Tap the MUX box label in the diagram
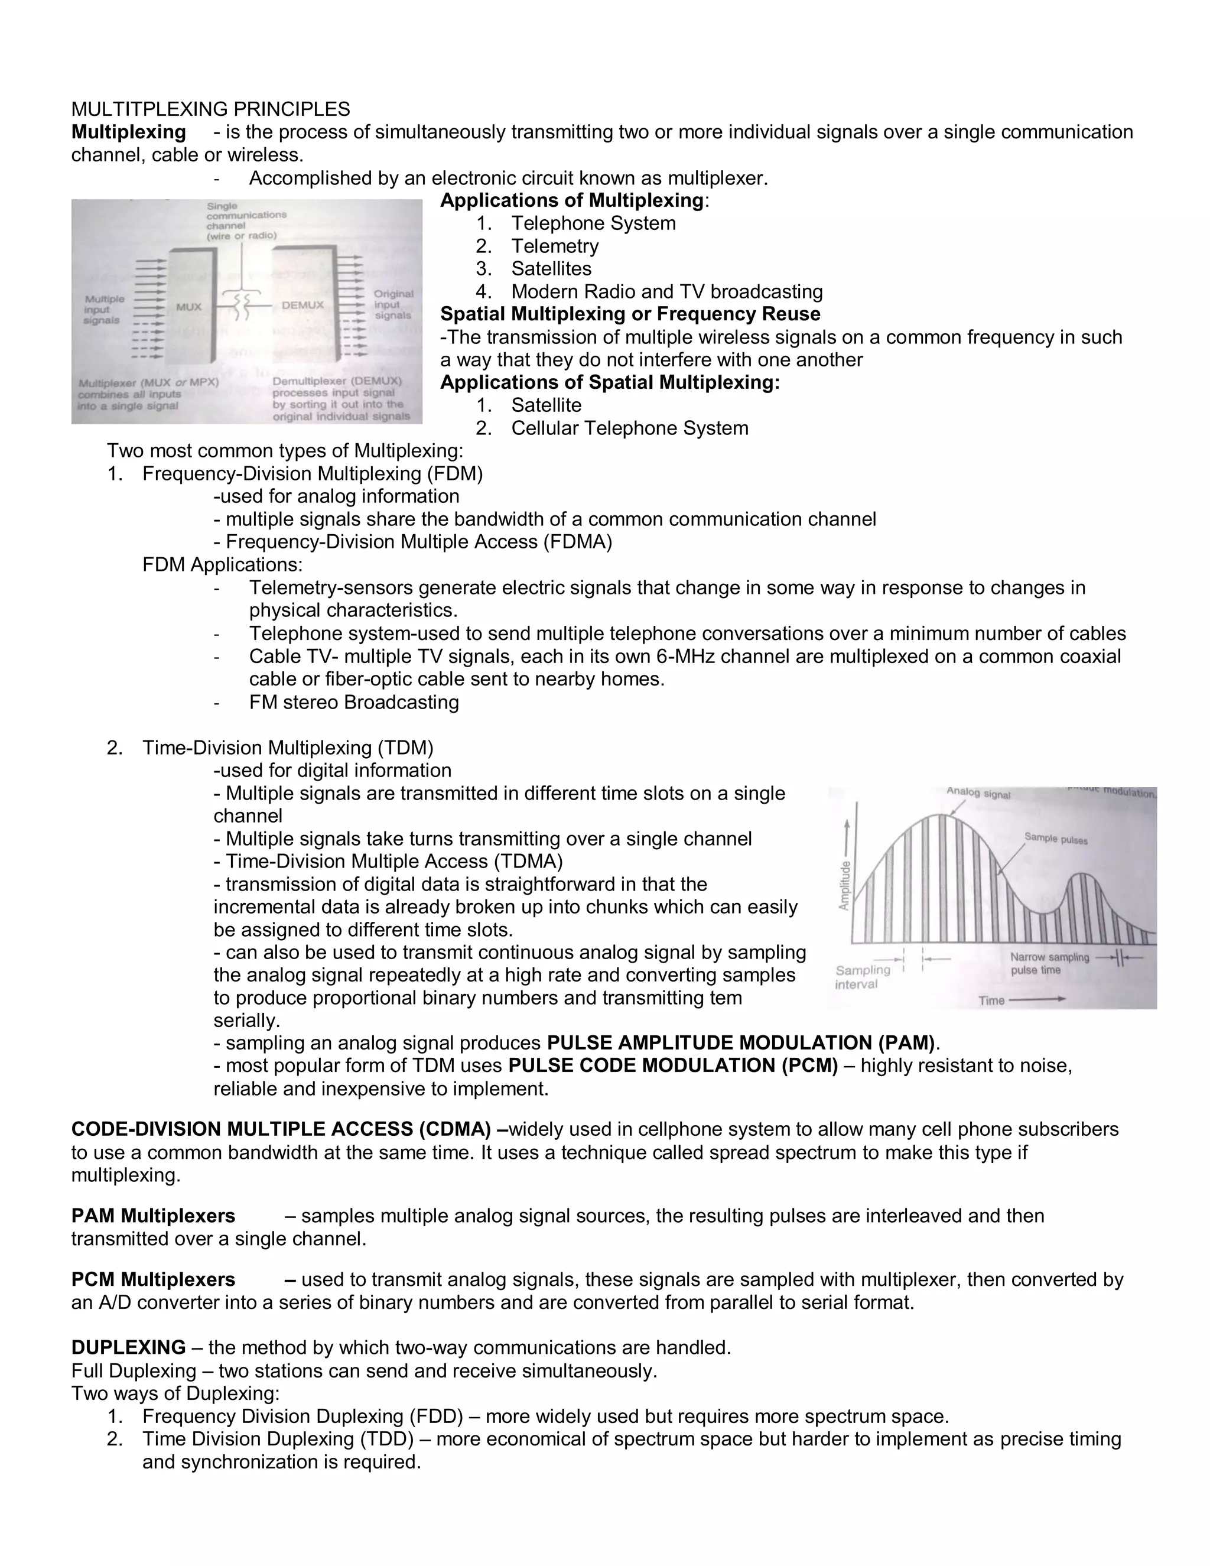(x=188, y=306)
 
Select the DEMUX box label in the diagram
(x=302, y=305)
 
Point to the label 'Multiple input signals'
(x=104, y=310)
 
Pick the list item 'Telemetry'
(x=554, y=246)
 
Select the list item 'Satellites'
(x=551, y=269)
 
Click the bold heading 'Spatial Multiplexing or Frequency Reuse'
(x=630, y=314)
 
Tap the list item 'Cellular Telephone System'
(x=629, y=428)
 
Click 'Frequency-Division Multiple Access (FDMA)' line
(x=419, y=542)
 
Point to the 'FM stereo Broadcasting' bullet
(x=353, y=702)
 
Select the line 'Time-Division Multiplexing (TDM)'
(x=288, y=748)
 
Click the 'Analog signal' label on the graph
(x=978, y=793)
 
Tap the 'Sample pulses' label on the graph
(x=1055, y=838)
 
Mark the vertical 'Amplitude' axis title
(x=844, y=885)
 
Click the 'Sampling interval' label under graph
(x=863, y=977)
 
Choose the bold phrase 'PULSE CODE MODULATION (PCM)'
(x=672, y=1065)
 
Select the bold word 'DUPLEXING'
(x=128, y=1348)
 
